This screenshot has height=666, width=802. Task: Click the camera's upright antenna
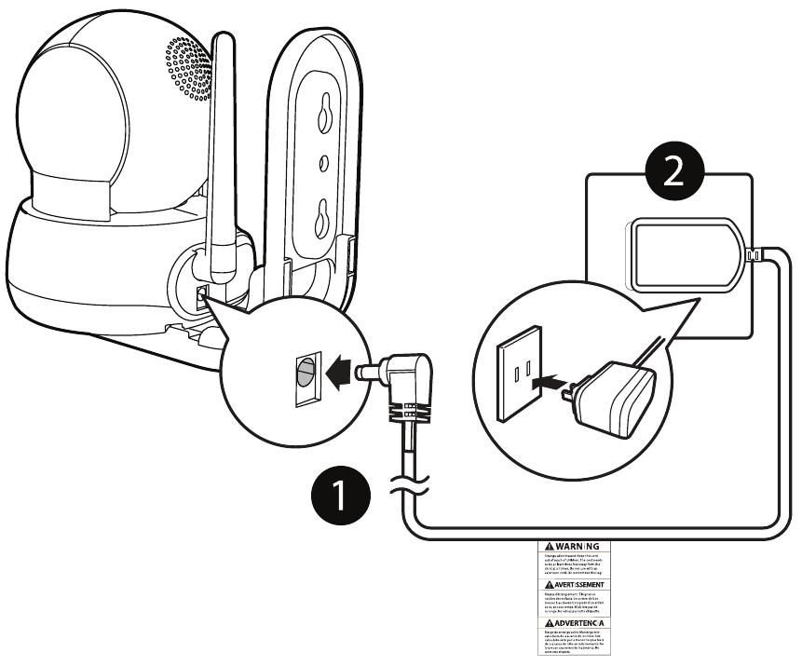(221, 158)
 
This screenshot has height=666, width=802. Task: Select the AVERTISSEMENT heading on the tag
(570, 584)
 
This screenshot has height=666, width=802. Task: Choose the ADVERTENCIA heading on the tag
(570, 621)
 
